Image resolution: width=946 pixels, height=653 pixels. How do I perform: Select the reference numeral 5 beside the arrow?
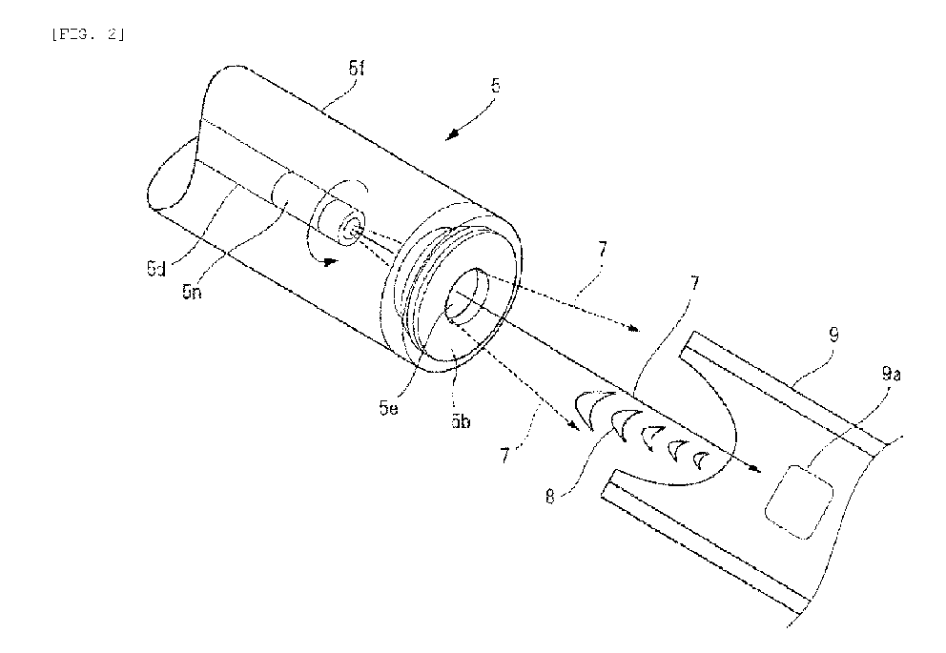point(496,85)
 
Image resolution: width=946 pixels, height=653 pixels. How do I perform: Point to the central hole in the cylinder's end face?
point(469,296)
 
